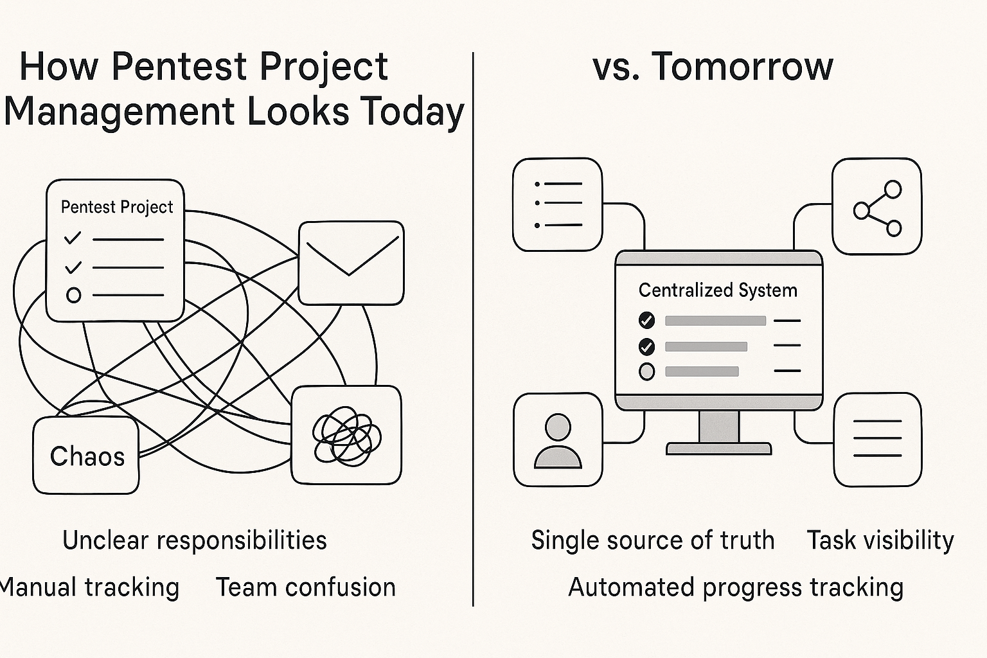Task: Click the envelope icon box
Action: [x=351, y=263]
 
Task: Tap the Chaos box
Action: [x=86, y=456]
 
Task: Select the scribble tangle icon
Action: [x=346, y=436]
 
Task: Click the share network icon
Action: [x=877, y=208]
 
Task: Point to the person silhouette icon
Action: [x=558, y=441]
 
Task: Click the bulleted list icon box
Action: [x=557, y=204]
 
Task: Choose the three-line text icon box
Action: [x=877, y=440]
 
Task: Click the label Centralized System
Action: [x=718, y=290]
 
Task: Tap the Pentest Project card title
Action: [x=117, y=207]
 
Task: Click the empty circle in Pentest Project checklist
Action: [x=74, y=295]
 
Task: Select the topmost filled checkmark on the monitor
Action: [x=646, y=321]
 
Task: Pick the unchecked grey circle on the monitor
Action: [x=646, y=371]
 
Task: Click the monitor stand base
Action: [x=718, y=449]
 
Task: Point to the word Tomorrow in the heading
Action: [x=742, y=67]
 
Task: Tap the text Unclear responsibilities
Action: [x=194, y=540]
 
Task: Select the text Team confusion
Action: [x=305, y=587]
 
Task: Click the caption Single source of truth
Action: [x=653, y=540]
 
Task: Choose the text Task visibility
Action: [x=880, y=541]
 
